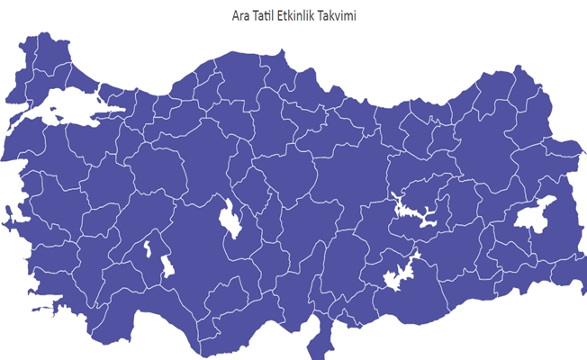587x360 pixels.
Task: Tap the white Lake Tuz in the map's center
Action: tap(230, 220)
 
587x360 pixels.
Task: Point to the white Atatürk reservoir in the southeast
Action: tap(396, 275)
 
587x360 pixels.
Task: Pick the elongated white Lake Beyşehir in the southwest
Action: tap(167, 266)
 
